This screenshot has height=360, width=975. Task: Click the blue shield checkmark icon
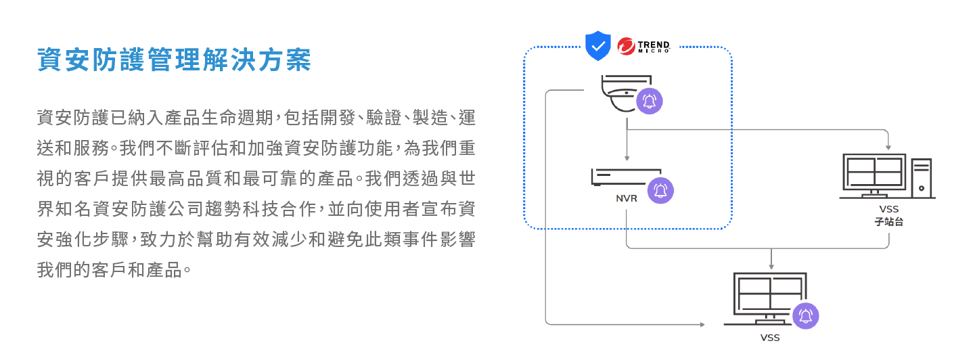pyautogui.click(x=597, y=46)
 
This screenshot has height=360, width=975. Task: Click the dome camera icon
pyautogui.click(x=619, y=93)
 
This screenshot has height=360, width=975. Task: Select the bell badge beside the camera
pyautogui.click(x=650, y=101)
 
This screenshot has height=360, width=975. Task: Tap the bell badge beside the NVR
pyautogui.click(x=661, y=190)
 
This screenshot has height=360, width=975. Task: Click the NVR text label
pyautogui.click(x=627, y=199)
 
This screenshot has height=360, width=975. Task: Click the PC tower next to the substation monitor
pyautogui.click(x=921, y=178)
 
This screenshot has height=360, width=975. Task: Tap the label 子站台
pyautogui.click(x=888, y=221)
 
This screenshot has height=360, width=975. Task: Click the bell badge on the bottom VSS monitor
pyautogui.click(x=805, y=316)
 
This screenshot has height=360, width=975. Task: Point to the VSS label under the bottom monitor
pyautogui.click(x=770, y=338)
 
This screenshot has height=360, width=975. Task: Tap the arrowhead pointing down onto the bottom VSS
pyautogui.click(x=771, y=266)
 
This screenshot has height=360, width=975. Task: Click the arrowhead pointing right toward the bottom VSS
pyautogui.click(x=702, y=325)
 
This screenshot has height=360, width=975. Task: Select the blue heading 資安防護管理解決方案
pyautogui.click(x=174, y=60)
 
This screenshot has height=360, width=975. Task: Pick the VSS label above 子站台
pyautogui.click(x=888, y=209)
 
